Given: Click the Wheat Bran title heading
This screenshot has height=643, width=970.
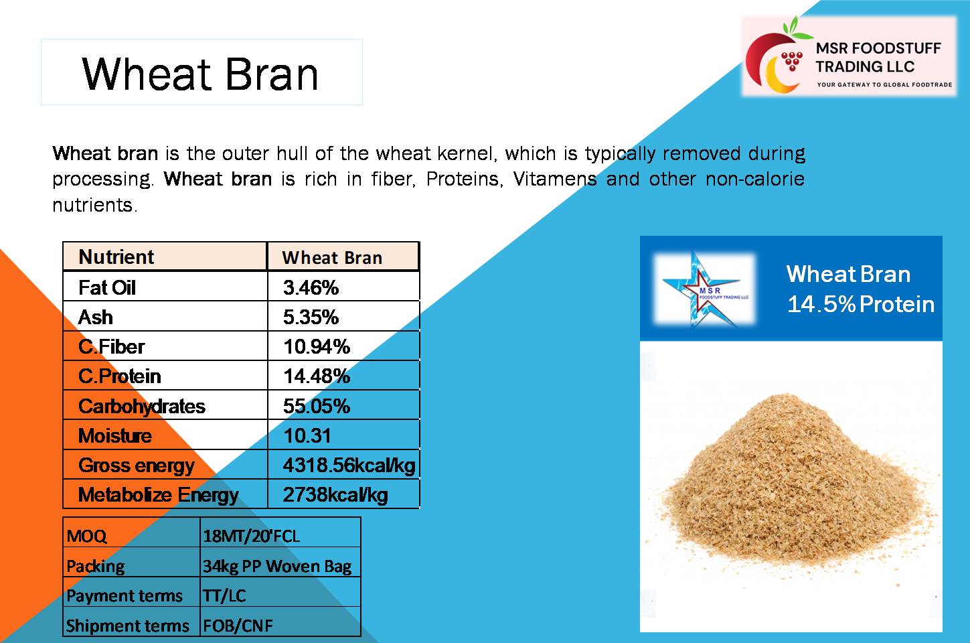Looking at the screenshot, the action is (200, 74).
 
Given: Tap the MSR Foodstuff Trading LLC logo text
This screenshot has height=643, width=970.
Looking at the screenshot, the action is (878, 57).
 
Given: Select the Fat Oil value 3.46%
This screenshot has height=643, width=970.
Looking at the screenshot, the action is (311, 288).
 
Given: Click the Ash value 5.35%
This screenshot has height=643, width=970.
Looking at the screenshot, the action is (311, 317).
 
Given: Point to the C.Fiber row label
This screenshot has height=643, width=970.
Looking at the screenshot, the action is (111, 347).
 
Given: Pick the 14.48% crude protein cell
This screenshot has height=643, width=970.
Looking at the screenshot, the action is (317, 376).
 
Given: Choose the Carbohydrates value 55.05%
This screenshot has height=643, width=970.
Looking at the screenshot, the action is (317, 406).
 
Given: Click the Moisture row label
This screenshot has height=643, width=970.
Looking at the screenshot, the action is (114, 435).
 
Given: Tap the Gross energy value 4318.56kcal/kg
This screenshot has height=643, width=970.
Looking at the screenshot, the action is (349, 466).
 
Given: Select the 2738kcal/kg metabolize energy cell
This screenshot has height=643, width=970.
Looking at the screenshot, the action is (335, 495).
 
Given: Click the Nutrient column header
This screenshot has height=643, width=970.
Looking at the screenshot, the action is (116, 257).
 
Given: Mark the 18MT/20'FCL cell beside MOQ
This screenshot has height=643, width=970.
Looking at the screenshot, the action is (251, 536).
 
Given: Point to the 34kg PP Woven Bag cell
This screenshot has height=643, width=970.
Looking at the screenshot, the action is (277, 566).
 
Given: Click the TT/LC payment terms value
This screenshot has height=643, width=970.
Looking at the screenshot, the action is (224, 595).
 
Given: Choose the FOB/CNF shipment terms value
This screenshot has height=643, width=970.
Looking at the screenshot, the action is (238, 626).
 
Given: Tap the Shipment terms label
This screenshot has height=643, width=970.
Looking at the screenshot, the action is (127, 626).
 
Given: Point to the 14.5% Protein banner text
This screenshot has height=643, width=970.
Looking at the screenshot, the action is (860, 304).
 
